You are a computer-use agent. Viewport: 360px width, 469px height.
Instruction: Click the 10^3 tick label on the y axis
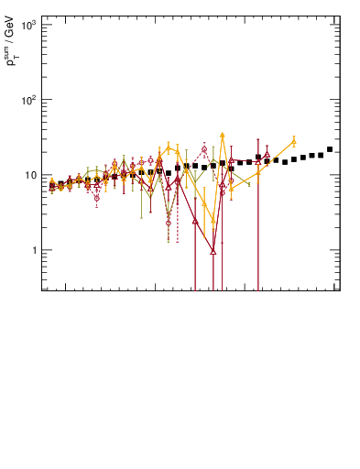click(x=27, y=25)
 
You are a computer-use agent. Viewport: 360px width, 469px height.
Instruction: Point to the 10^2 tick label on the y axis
click(x=27, y=100)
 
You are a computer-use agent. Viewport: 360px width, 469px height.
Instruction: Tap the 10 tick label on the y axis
click(x=30, y=175)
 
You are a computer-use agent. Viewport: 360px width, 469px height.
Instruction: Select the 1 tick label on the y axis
click(x=33, y=250)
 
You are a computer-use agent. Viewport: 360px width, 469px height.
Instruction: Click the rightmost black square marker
click(x=330, y=149)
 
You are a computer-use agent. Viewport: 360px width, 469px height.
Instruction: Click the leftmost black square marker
click(x=52, y=185)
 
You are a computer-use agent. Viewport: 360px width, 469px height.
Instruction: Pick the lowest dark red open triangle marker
click(x=213, y=251)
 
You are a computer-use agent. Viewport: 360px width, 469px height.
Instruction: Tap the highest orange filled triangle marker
click(x=222, y=135)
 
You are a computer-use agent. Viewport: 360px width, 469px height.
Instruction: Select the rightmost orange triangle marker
click(x=294, y=142)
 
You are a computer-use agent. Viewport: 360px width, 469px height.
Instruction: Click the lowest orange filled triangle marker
click(x=213, y=221)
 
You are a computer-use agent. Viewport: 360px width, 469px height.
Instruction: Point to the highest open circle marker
click(x=204, y=149)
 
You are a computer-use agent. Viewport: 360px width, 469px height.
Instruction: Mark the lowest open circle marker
click(x=169, y=223)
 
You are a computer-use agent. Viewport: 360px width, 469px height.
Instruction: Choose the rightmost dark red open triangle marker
click(x=267, y=155)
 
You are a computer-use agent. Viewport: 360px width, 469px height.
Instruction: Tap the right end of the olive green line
click(x=249, y=184)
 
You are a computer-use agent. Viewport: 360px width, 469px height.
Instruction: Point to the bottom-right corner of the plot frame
click(x=339, y=291)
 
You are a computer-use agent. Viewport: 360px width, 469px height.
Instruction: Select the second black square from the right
click(x=321, y=155)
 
